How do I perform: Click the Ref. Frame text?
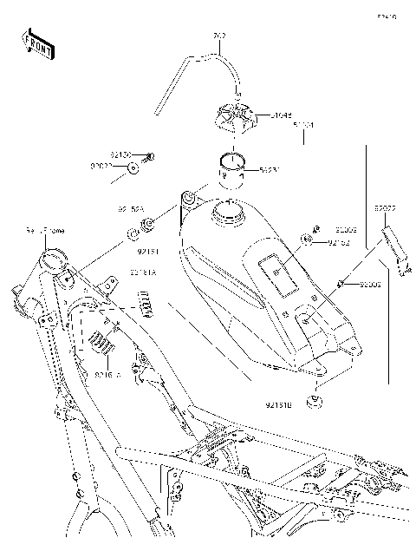coord(44,231)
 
